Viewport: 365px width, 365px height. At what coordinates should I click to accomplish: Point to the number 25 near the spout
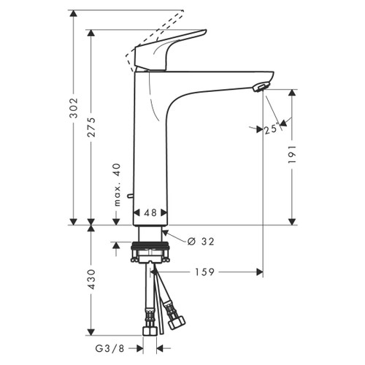271,128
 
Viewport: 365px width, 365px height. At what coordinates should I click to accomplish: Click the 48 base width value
150,214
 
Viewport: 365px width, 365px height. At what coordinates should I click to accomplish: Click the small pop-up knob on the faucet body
129,195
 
